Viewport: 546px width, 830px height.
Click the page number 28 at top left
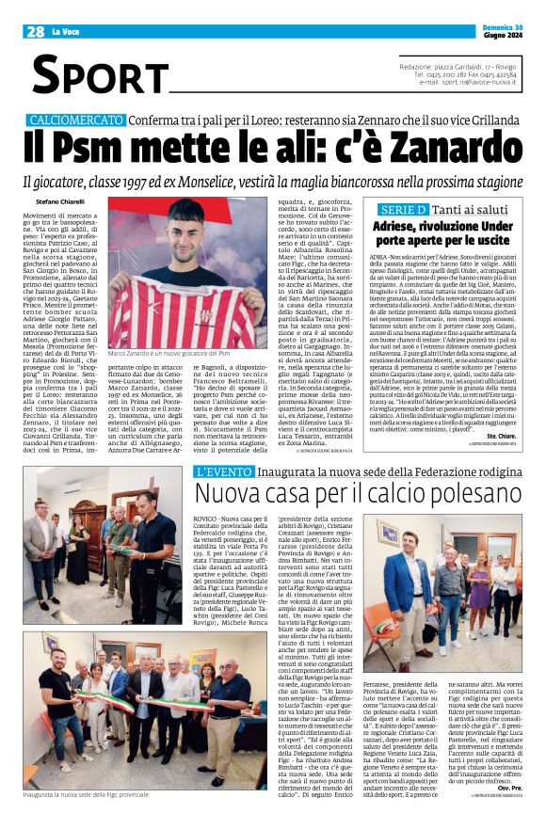[35, 31]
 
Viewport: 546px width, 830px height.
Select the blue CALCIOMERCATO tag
[75, 120]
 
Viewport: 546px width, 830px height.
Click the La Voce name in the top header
[73, 31]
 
